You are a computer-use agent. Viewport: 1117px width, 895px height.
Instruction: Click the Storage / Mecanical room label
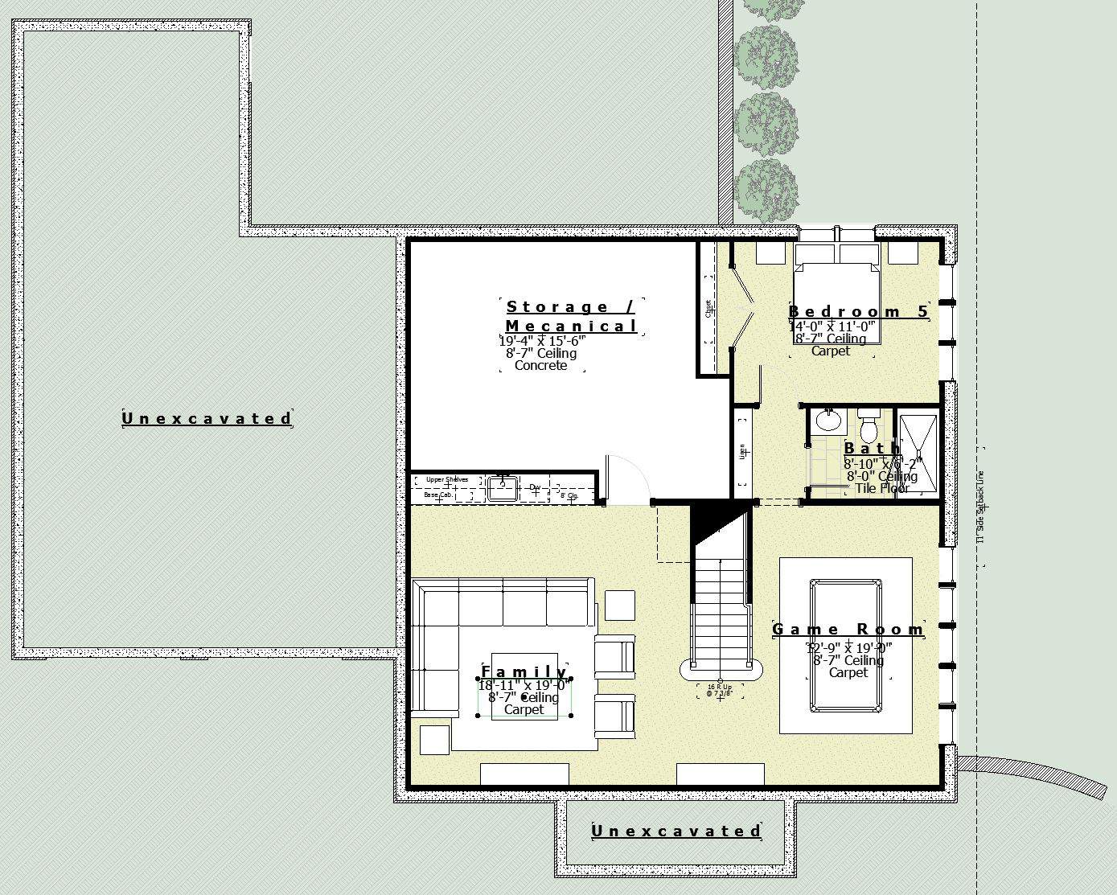coord(571,316)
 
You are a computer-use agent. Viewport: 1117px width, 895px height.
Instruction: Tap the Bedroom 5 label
coord(858,312)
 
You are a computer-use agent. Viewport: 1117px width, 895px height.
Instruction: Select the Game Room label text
coord(848,630)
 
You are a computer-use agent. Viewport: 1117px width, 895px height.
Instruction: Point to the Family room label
coord(524,672)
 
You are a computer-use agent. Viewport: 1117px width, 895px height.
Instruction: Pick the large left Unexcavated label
coord(207,418)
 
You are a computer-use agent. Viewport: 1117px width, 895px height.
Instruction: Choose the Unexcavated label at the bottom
coord(676,831)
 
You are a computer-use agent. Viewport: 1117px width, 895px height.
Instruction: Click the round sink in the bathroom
coord(826,420)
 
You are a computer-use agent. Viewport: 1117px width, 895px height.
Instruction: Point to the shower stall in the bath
coord(918,454)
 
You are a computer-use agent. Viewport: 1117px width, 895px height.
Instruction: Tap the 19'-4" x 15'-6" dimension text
coord(541,340)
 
